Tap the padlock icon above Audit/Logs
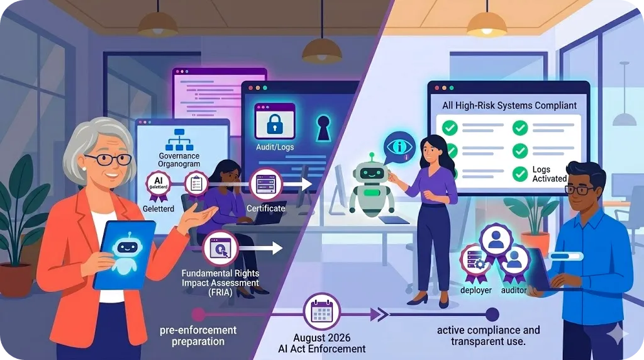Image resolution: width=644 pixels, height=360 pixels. click(x=275, y=123)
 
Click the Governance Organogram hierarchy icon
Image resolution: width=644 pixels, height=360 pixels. click(x=179, y=140)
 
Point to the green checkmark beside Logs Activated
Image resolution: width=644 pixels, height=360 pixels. click(x=520, y=174)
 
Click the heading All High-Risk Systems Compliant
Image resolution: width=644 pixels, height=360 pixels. click(x=509, y=106)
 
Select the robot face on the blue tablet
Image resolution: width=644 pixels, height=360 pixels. click(x=127, y=247)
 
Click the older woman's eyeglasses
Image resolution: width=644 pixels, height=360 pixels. click(x=108, y=160)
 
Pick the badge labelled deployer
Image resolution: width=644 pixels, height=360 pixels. click(x=475, y=262)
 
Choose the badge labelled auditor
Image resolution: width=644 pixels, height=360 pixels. click(x=514, y=262)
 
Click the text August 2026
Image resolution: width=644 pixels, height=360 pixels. click(x=321, y=338)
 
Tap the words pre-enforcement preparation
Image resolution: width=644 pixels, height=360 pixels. click(x=198, y=335)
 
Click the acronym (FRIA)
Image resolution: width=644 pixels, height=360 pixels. click(x=219, y=293)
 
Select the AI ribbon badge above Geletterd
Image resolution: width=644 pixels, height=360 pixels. click(x=158, y=186)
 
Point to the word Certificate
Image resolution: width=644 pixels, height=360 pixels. click(x=266, y=208)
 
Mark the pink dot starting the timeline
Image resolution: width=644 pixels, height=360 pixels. click(x=198, y=315)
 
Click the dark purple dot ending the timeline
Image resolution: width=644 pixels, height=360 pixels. click(x=492, y=315)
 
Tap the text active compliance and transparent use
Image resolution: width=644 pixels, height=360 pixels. click(x=488, y=335)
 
